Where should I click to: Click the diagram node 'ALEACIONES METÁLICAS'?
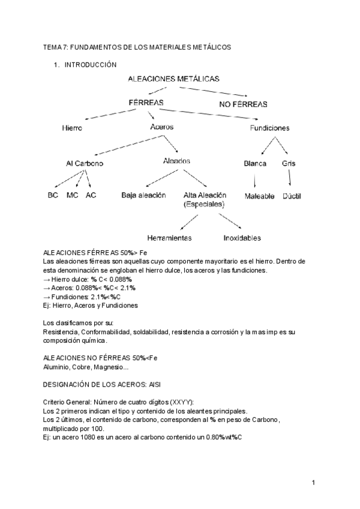[x=173, y=79]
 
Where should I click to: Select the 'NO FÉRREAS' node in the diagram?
[x=242, y=104]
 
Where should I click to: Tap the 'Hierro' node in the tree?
[x=72, y=128]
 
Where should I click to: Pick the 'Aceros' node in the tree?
[x=161, y=127]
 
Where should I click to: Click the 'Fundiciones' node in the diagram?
[x=269, y=128]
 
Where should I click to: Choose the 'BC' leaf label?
[x=52, y=195]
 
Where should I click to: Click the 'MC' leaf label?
[x=72, y=195]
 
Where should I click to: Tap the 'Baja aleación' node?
[x=143, y=195]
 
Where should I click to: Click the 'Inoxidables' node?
[x=242, y=238]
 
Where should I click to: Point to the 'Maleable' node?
[x=259, y=196]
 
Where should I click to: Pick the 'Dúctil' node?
[x=292, y=196]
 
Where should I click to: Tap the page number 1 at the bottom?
[x=313, y=483]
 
